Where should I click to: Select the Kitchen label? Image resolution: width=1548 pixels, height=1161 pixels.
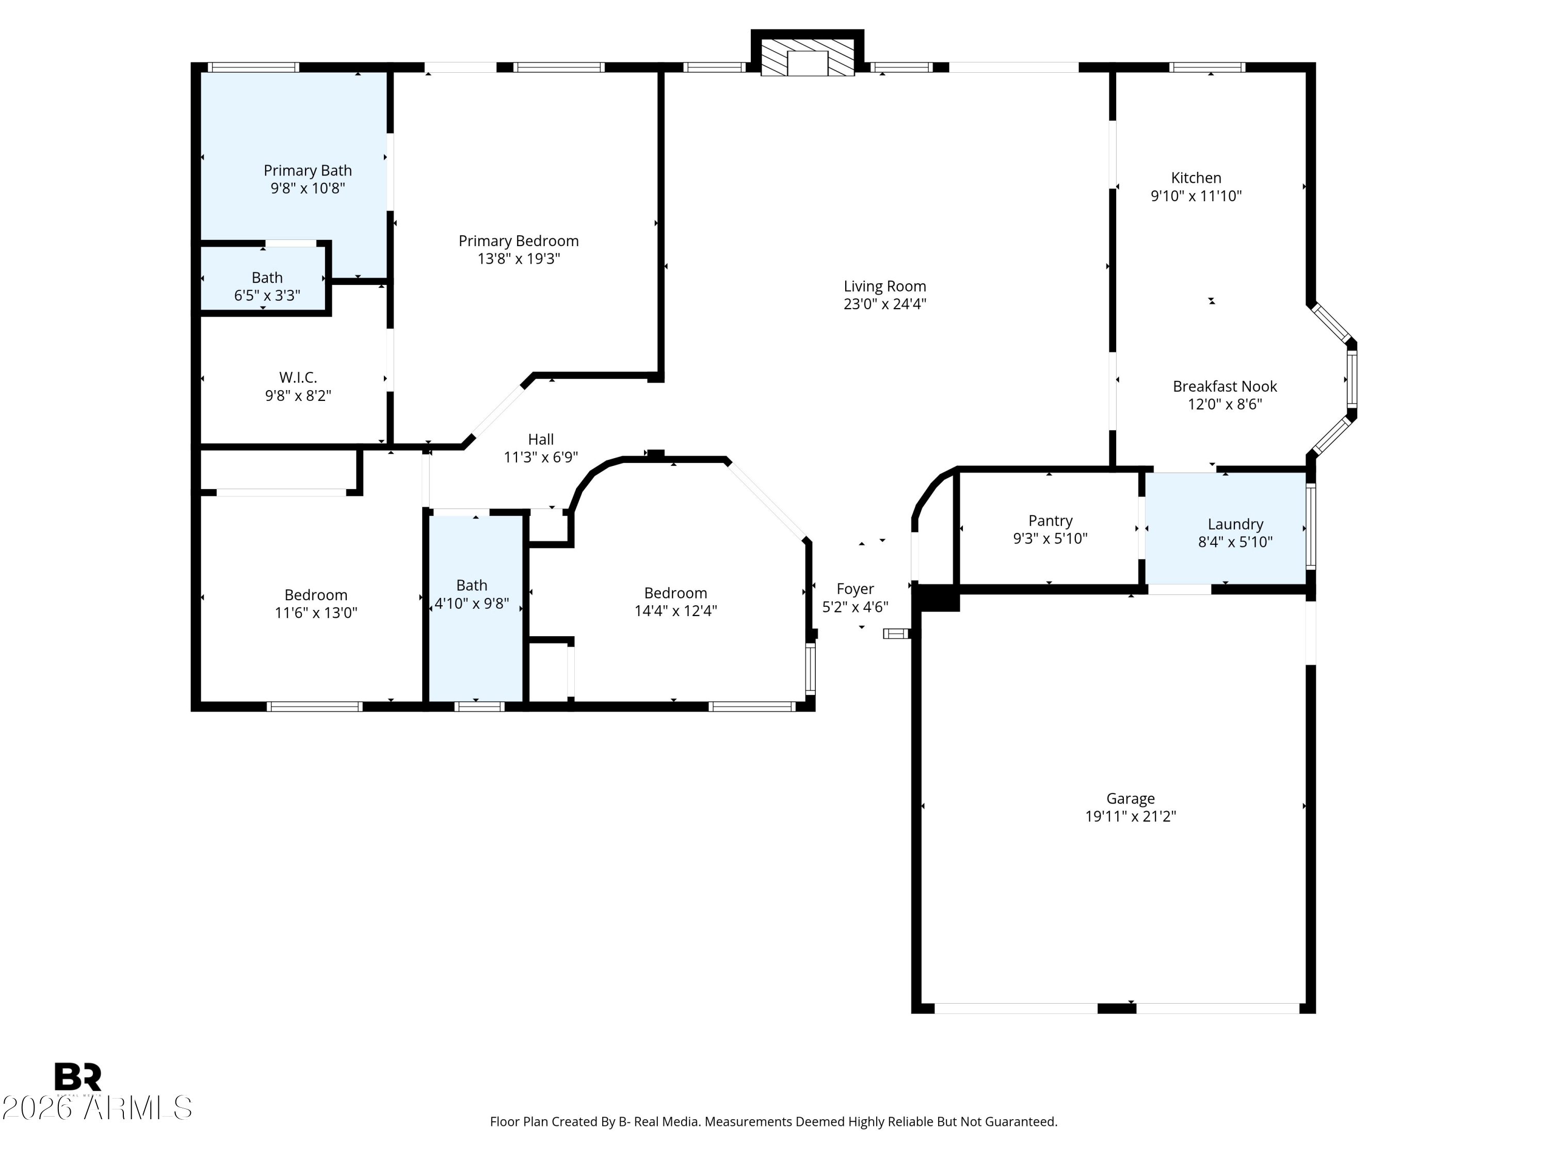[1196, 178]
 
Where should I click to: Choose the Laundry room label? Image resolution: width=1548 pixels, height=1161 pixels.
[1235, 524]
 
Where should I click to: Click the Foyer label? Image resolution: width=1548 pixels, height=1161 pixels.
[854, 589]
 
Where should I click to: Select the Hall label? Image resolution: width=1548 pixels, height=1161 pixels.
[540, 440]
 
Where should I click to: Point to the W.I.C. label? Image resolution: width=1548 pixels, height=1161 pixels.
[298, 378]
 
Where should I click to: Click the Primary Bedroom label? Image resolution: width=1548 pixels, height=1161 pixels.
[519, 241]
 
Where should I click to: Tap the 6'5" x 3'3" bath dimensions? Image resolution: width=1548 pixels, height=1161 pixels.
[267, 295]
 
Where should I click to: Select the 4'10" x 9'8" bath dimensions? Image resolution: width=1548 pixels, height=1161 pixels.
[472, 603]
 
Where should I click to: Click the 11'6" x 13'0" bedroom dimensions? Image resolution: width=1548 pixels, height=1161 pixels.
[316, 613]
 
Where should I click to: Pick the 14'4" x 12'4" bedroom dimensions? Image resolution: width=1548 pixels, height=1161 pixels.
[675, 611]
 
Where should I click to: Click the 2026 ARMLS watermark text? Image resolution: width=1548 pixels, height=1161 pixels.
[96, 1108]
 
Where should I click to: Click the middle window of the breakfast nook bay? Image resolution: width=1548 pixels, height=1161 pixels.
[1352, 379]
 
